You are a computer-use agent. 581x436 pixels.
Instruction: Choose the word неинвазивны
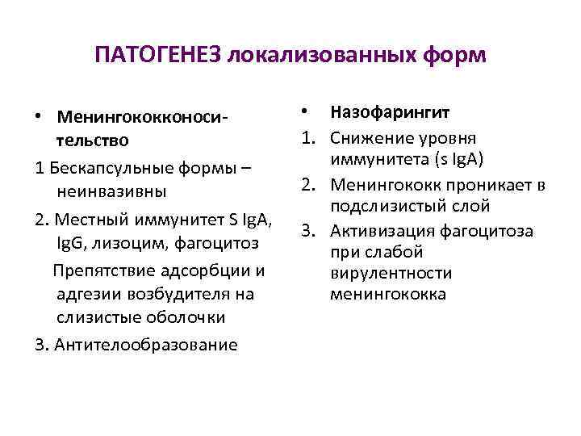click(x=112, y=192)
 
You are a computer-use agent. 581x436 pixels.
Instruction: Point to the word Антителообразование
click(x=146, y=345)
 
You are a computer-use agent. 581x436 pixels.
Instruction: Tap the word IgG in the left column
click(x=71, y=242)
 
